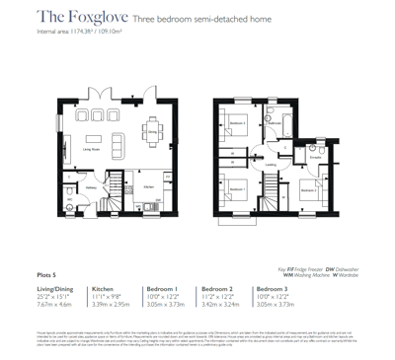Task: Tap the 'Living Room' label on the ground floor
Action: [x=94, y=149]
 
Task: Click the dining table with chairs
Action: [x=117, y=120]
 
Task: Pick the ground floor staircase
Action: [x=112, y=186]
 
